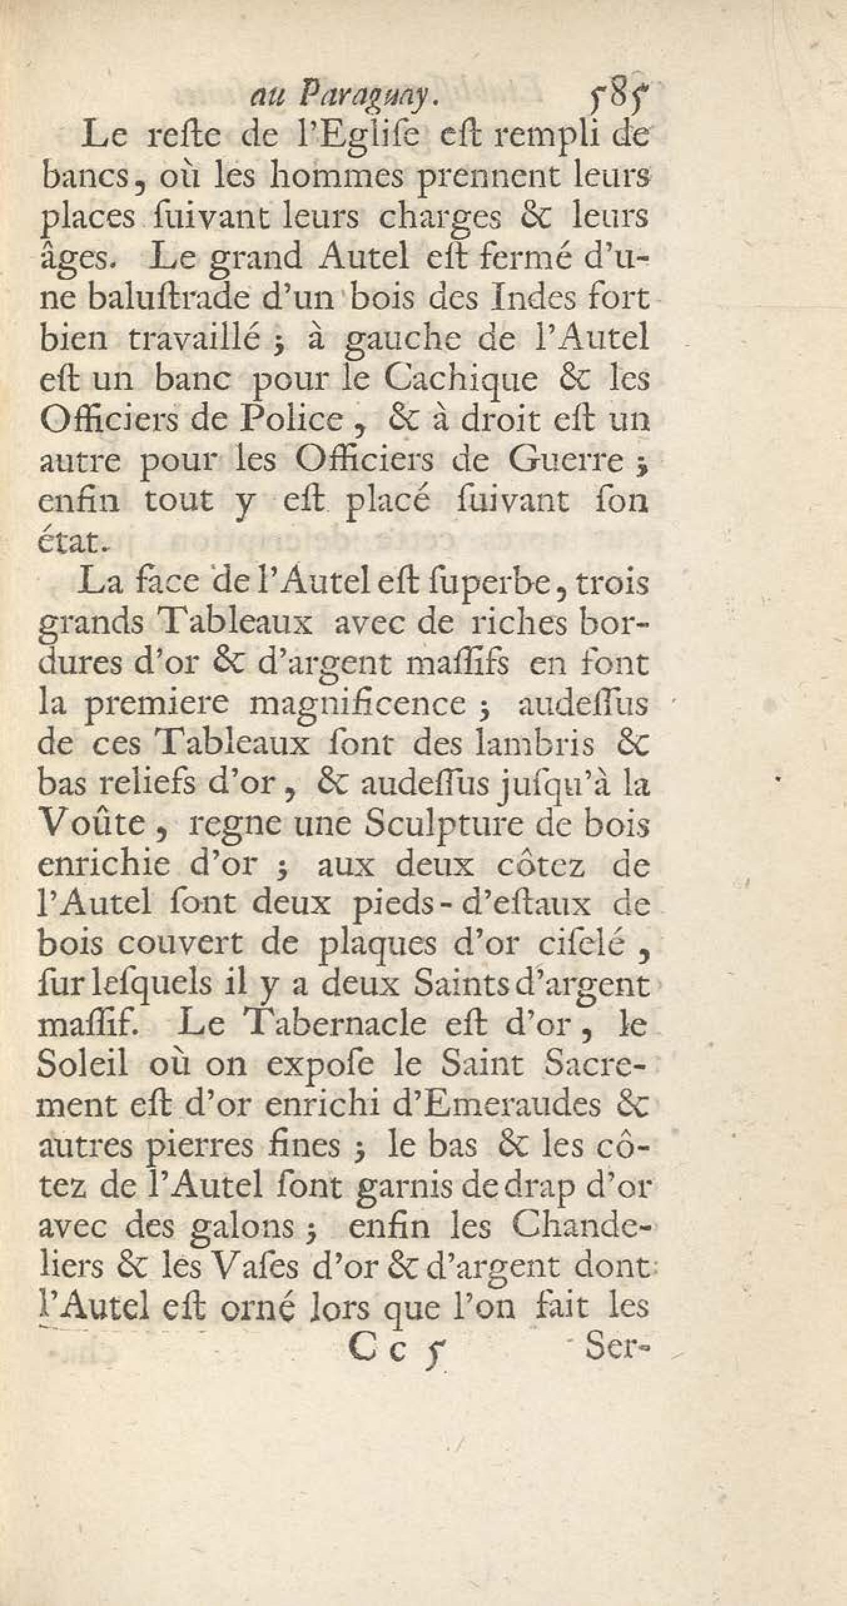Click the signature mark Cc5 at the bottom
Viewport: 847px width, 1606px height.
394,1539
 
